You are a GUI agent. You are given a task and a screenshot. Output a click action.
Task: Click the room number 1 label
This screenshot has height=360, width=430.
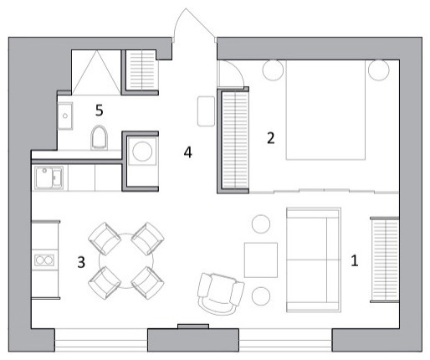(354, 260)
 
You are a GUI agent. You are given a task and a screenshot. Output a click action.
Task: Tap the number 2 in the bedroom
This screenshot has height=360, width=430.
(270, 138)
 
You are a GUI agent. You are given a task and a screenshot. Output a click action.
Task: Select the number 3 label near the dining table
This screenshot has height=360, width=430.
(81, 262)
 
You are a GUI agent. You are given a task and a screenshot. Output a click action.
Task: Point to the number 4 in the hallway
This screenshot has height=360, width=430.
(189, 153)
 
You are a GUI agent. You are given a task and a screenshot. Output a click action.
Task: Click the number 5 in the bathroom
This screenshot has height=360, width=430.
(100, 110)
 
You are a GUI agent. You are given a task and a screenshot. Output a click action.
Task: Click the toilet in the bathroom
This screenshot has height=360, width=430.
(100, 137)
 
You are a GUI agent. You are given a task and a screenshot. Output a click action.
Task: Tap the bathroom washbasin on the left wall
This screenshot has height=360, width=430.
(66, 112)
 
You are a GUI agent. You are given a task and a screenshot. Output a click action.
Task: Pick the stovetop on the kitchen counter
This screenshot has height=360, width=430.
(44, 260)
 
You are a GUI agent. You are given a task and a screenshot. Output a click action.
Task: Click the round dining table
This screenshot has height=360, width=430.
(124, 261)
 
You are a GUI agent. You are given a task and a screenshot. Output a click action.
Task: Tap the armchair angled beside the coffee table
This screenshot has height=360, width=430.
(220, 291)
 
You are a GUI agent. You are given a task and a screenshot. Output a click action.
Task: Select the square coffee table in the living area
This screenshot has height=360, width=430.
(260, 260)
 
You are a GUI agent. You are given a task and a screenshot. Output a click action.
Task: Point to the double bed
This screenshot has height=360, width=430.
(327, 112)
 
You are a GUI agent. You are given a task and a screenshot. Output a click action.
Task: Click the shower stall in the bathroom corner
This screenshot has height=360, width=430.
(95, 69)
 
